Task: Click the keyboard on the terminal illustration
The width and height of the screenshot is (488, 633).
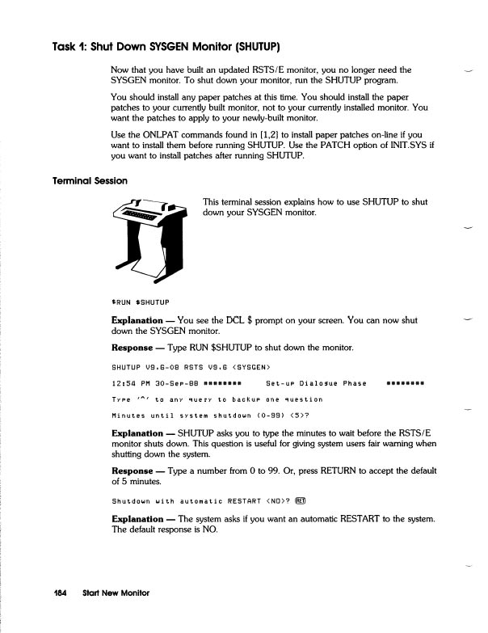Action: click(x=137, y=216)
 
